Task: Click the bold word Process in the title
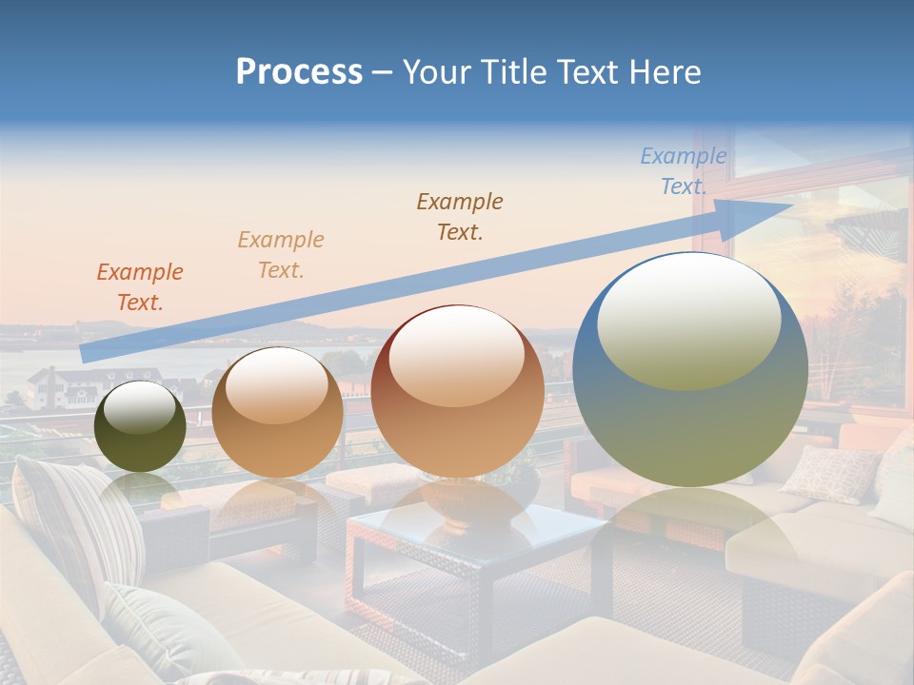point(299,71)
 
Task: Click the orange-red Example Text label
point(139,287)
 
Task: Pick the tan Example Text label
point(280,255)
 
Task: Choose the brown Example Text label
point(460,216)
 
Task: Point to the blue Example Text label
point(683,171)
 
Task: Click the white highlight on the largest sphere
point(688,319)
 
